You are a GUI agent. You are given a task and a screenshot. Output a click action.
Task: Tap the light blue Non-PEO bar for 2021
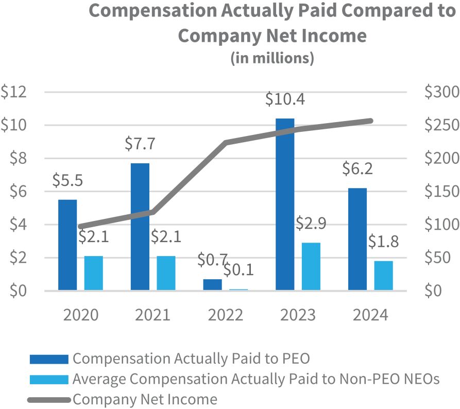click(x=166, y=273)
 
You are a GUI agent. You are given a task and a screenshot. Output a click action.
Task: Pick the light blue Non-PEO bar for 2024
click(x=383, y=276)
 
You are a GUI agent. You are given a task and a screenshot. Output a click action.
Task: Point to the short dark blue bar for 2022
click(x=212, y=284)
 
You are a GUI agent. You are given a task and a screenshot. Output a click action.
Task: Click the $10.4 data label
click(x=285, y=99)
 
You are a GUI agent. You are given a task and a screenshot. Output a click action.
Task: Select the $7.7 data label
click(x=140, y=144)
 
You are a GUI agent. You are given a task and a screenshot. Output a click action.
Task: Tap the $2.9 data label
click(x=311, y=224)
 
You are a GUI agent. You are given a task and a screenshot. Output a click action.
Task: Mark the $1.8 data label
click(x=384, y=242)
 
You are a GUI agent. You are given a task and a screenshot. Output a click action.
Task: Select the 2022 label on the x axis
click(x=225, y=315)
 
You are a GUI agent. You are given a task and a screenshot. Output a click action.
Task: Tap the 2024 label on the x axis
click(x=370, y=315)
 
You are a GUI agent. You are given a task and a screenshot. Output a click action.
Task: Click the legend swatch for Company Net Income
click(x=49, y=399)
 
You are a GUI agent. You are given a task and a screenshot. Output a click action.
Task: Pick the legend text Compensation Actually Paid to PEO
click(x=191, y=359)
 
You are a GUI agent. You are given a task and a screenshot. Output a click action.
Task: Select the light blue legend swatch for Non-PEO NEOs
click(x=49, y=380)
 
